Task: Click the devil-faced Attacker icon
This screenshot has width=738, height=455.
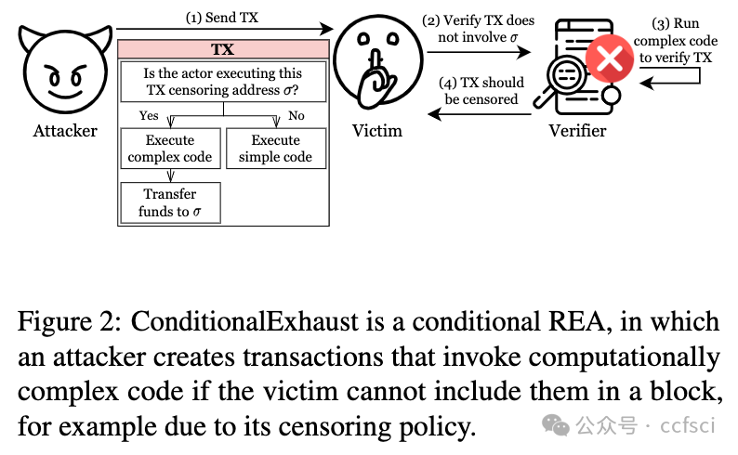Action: (x=64, y=73)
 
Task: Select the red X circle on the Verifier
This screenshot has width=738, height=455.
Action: (x=610, y=62)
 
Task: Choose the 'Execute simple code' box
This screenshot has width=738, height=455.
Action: (x=275, y=149)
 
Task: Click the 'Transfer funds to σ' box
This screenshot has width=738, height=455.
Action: (x=170, y=203)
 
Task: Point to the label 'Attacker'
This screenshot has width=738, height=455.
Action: (x=65, y=131)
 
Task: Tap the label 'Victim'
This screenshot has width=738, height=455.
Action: (x=377, y=131)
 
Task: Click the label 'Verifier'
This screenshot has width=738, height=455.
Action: (x=577, y=131)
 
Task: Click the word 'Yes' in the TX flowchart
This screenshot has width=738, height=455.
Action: (x=149, y=116)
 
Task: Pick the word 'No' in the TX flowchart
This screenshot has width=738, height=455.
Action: (x=297, y=116)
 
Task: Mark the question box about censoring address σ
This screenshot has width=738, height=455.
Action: (x=223, y=83)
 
